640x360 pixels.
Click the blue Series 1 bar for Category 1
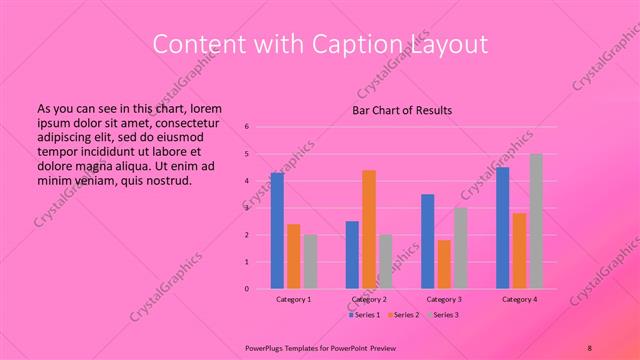point(277,231)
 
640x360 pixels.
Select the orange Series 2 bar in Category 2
point(369,229)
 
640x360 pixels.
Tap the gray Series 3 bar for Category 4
point(535,221)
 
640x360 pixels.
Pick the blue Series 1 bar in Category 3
point(428,241)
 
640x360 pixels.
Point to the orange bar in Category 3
point(444,264)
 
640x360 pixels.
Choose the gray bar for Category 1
point(310,262)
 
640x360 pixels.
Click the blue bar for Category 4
point(502,228)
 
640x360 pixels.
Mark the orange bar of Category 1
point(294,256)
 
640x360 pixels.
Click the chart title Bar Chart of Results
point(402,110)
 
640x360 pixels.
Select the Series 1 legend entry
point(363,315)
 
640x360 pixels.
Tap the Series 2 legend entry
point(403,315)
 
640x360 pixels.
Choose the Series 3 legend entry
point(442,315)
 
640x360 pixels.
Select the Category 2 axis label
point(369,299)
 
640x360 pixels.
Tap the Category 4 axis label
point(519,299)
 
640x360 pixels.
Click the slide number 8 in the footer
point(590,347)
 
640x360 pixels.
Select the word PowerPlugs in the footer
point(267,347)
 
